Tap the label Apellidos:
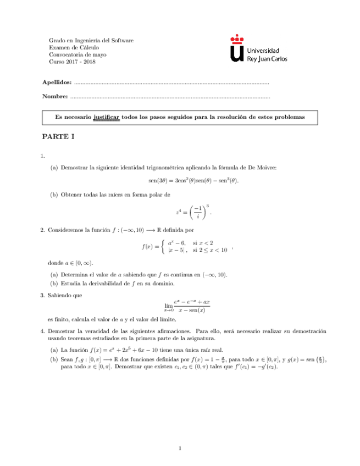[x=57, y=82]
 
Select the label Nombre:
[x=55, y=97]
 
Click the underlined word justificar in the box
[x=107, y=118]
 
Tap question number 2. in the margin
[x=43, y=229]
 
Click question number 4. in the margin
[x=43, y=331]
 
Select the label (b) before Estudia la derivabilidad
[x=54, y=284]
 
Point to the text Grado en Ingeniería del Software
[x=91, y=41]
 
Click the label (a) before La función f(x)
[x=54, y=349]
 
